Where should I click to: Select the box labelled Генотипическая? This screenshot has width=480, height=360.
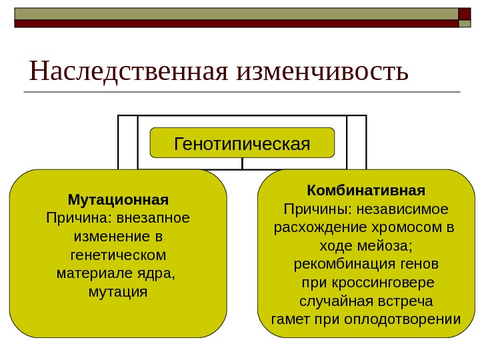242,143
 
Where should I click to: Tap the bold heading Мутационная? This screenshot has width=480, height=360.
118,199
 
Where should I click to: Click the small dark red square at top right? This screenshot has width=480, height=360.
465,13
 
